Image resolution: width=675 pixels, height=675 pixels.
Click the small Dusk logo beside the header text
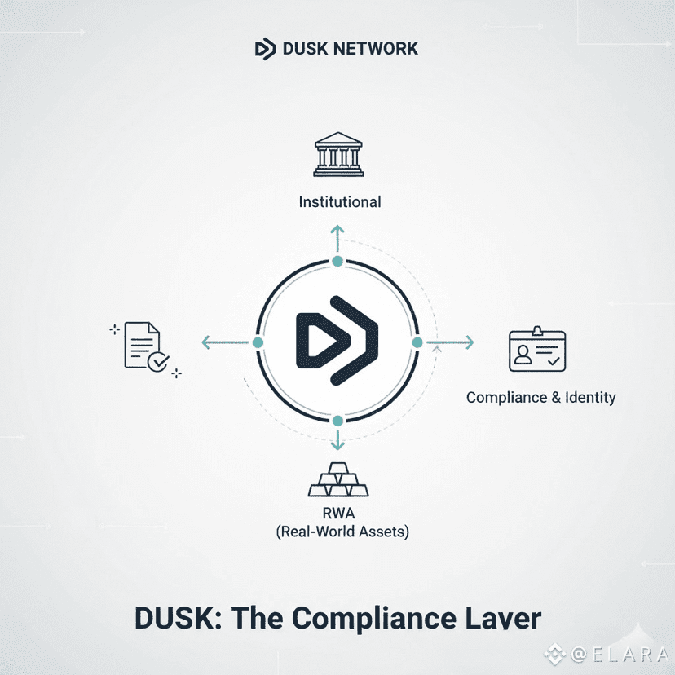[265, 49]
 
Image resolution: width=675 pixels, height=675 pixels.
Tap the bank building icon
[338, 154]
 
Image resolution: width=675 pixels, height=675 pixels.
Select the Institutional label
[340, 202]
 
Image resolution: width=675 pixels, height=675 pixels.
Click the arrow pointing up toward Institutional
[337, 239]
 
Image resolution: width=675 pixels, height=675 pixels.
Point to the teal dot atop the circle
[338, 262]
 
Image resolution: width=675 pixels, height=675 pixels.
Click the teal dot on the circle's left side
[258, 342]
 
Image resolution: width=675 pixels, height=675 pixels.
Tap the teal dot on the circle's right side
[417, 342]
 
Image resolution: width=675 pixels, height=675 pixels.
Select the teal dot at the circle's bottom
[338, 421]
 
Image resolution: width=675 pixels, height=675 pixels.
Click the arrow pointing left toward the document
[225, 342]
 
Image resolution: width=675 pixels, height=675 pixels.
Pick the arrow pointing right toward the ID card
[450, 342]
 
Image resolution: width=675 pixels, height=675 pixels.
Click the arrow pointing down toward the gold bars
[338, 439]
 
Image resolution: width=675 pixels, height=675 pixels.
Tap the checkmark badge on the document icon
[158, 361]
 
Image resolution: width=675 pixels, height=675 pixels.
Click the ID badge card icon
[537, 349]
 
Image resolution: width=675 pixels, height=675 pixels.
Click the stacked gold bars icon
[338, 479]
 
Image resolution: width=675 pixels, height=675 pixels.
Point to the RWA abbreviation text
[339, 513]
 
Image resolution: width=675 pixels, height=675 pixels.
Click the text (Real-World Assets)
[342, 532]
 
